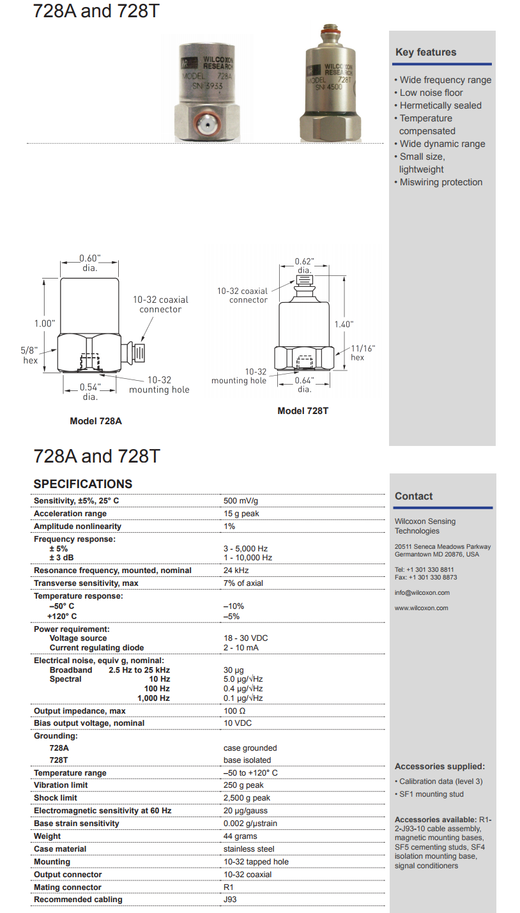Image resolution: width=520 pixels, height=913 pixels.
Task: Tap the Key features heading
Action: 425,52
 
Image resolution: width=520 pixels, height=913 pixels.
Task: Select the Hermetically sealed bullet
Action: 441,105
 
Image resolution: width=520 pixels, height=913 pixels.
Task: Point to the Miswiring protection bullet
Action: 441,182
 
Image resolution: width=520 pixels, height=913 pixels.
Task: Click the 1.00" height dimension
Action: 44,323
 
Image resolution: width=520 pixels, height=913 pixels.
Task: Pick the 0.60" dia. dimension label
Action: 90,263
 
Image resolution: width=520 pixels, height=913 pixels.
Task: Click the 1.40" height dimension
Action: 343,324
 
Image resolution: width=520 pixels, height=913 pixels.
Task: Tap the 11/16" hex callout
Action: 363,353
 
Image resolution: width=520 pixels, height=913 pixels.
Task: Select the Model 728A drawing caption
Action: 96,421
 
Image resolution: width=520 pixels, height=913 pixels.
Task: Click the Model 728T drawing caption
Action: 303,411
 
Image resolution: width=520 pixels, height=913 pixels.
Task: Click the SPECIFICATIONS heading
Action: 83,484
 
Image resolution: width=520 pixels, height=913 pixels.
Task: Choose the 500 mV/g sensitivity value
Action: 241,501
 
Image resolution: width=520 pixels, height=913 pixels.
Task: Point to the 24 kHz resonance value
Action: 236,571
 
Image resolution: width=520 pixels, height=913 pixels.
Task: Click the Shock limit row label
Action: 56,798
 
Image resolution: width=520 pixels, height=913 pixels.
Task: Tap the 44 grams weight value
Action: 240,836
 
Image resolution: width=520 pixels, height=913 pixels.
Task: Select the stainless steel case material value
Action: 249,849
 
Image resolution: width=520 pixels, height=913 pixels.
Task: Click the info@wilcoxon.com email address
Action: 422,593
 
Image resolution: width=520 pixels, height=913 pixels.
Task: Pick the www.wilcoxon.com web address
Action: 422,608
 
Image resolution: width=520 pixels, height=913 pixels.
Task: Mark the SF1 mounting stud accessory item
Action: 431,794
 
